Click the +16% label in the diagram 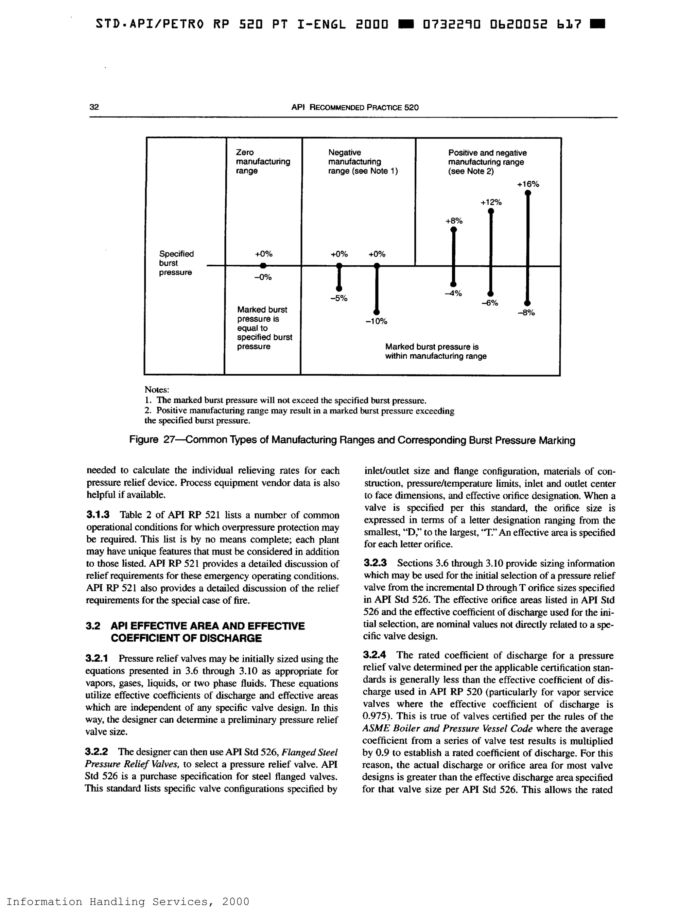tap(528, 184)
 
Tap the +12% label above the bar tap(491, 202)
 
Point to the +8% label tap(454, 221)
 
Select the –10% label tap(377, 321)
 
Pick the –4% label tap(453, 293)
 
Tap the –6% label tap(490, 303)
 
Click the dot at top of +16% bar tap(527, 193)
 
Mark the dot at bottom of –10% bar tap(377, 312)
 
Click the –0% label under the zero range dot tap(263, 277)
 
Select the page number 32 tap(94, 107)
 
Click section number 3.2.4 tap(375, 655)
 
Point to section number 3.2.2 tap(97, 751)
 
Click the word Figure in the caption tap(143, 440)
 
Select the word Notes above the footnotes tap(156, 390)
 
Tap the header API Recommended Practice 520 tap(354, 107)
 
